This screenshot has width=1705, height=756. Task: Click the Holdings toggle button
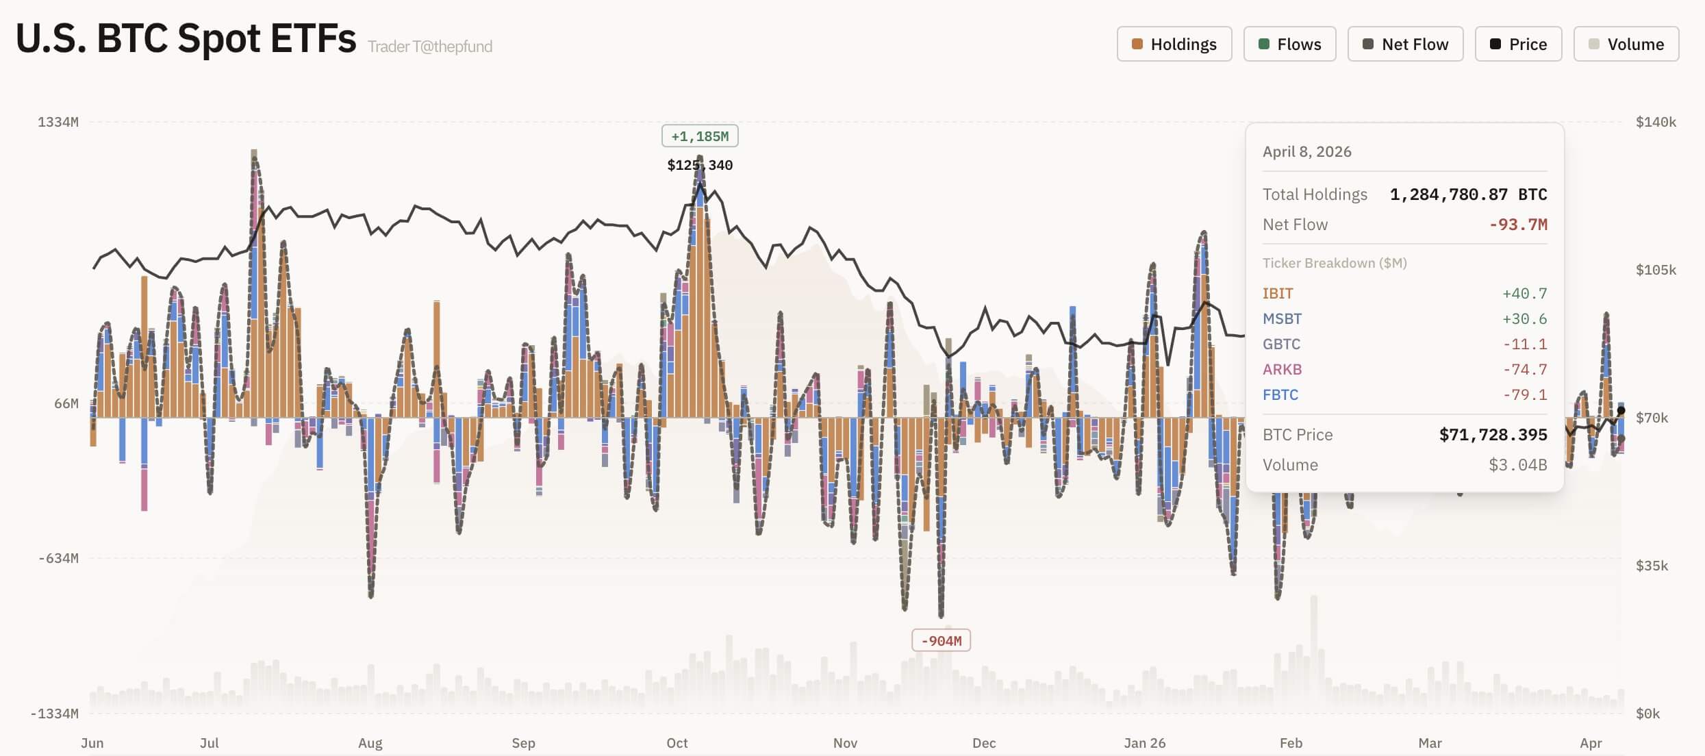click(x=1174, y=45)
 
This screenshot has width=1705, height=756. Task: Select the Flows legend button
click(x=1289, y=45)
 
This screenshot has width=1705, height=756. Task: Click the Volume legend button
click(x=1626, y=45)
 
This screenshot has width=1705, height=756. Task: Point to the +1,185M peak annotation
click(x=699, y=136)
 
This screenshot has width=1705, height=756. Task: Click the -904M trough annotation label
click(x=941, y=641)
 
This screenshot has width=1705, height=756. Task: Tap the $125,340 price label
click(x=699, y=165)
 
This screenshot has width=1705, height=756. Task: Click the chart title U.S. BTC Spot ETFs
click(x=186, y=38)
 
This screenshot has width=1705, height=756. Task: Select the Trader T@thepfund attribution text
click(x=429, y=47)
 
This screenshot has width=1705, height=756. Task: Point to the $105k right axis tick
click(x=1655, y=270)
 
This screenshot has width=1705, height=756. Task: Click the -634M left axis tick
click(x=58, y=558)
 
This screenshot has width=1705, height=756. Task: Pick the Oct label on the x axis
click(x=677, y=743)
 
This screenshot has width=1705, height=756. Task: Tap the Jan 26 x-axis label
click(x=1144, y=743)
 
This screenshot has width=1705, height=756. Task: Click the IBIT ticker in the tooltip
click(x=1277, y=294)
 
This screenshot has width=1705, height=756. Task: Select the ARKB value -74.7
click(x=1524, y=370)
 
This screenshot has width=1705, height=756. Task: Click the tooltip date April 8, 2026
click(x=1306, y=152)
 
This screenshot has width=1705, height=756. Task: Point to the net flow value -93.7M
click(x=1517, y=225)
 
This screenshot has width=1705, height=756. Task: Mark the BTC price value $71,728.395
click(x=1493, y=435)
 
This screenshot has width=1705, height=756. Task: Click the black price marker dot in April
click(x=1621, y=410)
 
